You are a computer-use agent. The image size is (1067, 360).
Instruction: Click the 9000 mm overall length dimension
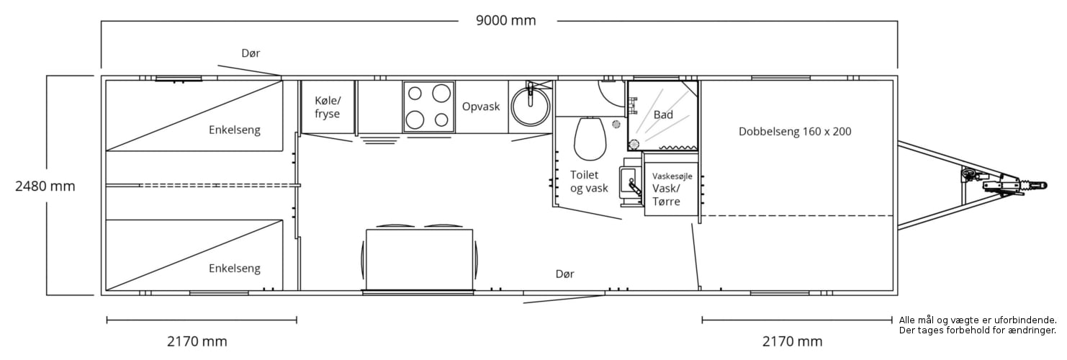506,20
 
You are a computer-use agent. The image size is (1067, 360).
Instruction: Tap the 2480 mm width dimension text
45,186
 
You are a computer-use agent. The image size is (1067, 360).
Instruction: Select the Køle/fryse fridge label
328,107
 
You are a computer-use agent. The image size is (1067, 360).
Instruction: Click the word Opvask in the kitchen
481,107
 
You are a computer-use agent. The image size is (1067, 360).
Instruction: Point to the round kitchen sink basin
529,107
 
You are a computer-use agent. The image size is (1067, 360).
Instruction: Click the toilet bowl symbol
590,139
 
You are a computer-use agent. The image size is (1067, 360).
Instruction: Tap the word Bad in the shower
663,114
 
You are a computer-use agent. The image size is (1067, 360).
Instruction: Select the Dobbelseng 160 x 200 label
795,132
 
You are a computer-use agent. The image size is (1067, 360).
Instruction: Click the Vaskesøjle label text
672,176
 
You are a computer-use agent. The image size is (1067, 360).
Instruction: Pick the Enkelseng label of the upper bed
235,130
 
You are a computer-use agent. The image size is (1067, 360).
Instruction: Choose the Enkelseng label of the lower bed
235,269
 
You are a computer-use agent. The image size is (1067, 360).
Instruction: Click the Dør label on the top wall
251,53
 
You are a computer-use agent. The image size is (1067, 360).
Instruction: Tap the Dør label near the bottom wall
565,274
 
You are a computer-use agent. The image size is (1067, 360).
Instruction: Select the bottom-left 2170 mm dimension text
197,341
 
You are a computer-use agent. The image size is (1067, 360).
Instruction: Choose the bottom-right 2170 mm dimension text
792,341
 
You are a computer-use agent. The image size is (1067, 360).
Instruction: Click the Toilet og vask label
589,181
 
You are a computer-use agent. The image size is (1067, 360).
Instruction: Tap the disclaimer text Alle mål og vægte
978,320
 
